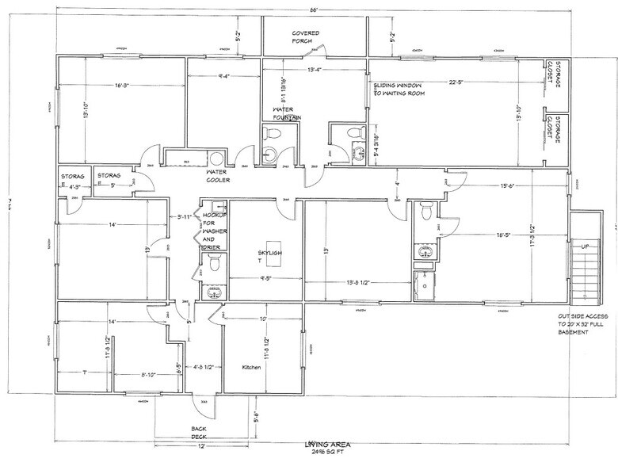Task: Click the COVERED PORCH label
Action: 306,37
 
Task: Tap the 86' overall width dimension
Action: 315,9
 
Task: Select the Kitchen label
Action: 252,367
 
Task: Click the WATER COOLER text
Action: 218,176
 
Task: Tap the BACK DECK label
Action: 198,432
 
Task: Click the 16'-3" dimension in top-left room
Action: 123,86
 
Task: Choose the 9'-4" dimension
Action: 224,77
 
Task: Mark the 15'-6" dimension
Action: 509,186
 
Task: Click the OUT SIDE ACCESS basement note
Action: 584,324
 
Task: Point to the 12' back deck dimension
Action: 202,446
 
